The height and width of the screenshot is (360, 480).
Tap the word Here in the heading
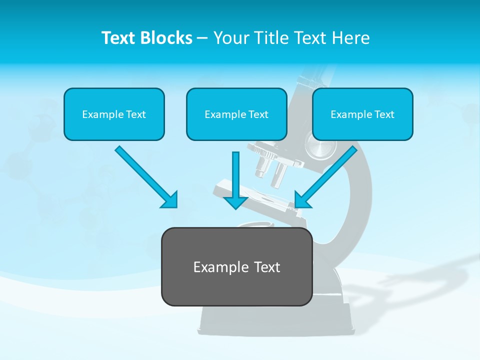click(350, 38)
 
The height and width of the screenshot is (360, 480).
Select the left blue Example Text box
click(114, 114)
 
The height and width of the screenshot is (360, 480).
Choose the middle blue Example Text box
click(236, 114)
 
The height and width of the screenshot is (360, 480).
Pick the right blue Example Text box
click(362, 114)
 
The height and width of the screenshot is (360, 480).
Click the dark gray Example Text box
click(236, 266)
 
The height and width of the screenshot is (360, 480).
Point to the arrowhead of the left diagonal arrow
click(170, 200)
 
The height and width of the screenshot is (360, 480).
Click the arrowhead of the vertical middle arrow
click(235, 202)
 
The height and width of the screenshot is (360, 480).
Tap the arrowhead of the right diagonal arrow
click(301, 199)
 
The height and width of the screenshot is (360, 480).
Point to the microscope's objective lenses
click(270, 170)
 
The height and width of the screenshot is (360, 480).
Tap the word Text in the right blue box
click(383, 114)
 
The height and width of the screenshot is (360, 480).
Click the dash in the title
click(202, 38)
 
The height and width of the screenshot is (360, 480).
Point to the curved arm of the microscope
click(357, 210)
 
